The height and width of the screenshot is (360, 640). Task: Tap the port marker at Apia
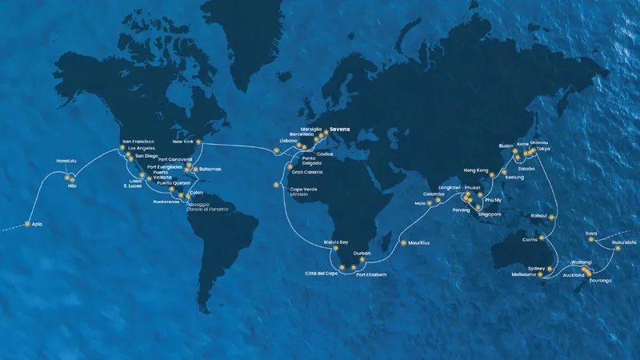pos(27,224)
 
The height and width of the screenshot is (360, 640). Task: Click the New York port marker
pos(199,143)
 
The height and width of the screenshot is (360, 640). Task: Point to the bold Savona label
pos(340,128)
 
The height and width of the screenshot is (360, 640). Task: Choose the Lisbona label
pos(289,140)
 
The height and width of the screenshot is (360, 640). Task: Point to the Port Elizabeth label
pos(371,274)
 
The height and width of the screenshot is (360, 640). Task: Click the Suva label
pos(591,232)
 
